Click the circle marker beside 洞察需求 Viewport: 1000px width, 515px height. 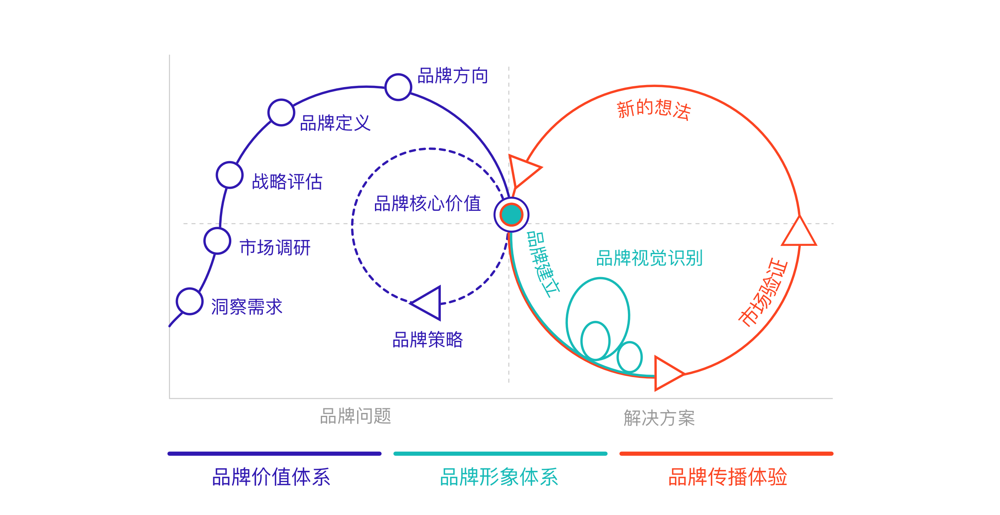coord(190,301)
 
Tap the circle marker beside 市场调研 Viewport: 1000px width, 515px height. coord(217,241)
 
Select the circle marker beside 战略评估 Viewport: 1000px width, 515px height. coord(230,175)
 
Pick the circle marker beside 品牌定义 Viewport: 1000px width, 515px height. coord(281,112)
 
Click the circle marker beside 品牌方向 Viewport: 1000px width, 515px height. coord(398,87)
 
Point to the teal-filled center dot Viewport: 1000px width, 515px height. coord(511,215)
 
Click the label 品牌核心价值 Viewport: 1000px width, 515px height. coord(427,204)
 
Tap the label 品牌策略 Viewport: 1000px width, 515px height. coord(427,340)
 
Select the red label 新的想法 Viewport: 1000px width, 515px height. coord(654,110)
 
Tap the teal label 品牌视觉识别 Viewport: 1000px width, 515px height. coord(650,258)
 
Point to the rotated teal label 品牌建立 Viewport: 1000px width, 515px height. coord(543,265)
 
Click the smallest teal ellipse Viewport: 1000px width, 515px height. coord(630,357)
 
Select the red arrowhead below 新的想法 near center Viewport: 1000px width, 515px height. coord(524,171)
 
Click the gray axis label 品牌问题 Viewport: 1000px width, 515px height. coord(355,416)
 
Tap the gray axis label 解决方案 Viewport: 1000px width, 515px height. coord(659,418)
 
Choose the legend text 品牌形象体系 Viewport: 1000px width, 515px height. coord(499,477)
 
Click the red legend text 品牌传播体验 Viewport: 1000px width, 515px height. coord(727,477)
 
